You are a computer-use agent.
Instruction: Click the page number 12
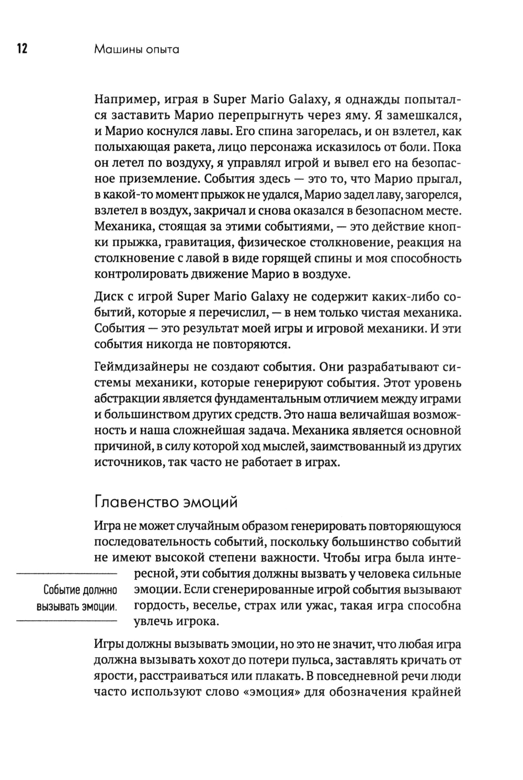(x=21, y=49)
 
